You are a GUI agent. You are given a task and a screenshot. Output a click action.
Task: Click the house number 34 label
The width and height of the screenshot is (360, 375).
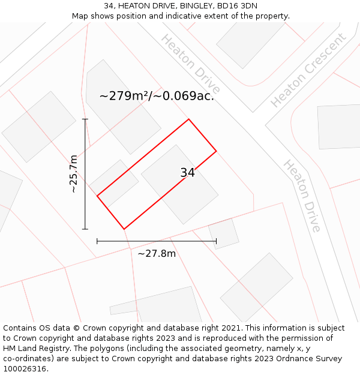point(187,173)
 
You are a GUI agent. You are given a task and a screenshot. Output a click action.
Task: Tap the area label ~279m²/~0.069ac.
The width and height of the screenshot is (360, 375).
point(157,95)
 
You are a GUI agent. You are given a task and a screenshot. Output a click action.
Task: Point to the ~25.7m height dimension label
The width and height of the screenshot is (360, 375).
point(73,174)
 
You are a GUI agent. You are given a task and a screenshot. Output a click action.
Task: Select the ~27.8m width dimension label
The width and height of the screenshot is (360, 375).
point(157,253)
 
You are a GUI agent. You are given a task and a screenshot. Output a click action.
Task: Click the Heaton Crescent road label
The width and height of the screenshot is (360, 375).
point(308,70)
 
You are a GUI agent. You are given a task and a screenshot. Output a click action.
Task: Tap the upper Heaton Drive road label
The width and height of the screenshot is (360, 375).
point(191,64)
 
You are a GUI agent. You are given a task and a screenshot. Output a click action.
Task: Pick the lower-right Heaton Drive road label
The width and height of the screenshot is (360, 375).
point(302,196)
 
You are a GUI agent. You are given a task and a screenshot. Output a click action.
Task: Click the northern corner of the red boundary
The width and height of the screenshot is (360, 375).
point(189,119)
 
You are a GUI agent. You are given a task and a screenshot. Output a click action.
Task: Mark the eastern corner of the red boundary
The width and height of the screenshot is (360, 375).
point(216,151)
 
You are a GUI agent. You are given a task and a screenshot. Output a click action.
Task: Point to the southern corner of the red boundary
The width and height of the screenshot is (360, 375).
point(124,229)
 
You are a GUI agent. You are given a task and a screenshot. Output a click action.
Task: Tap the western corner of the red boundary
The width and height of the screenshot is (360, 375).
point(97,196)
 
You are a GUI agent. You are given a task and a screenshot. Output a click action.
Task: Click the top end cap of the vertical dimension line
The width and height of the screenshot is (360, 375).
point(85,119)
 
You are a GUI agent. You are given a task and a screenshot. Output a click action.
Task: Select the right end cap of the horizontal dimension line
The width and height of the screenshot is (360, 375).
point(216,241)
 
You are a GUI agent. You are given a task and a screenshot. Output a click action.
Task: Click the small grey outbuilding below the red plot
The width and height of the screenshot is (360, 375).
point(223,233)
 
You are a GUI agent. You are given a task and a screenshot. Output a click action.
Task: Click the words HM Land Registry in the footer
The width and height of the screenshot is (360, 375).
point(31,349)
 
